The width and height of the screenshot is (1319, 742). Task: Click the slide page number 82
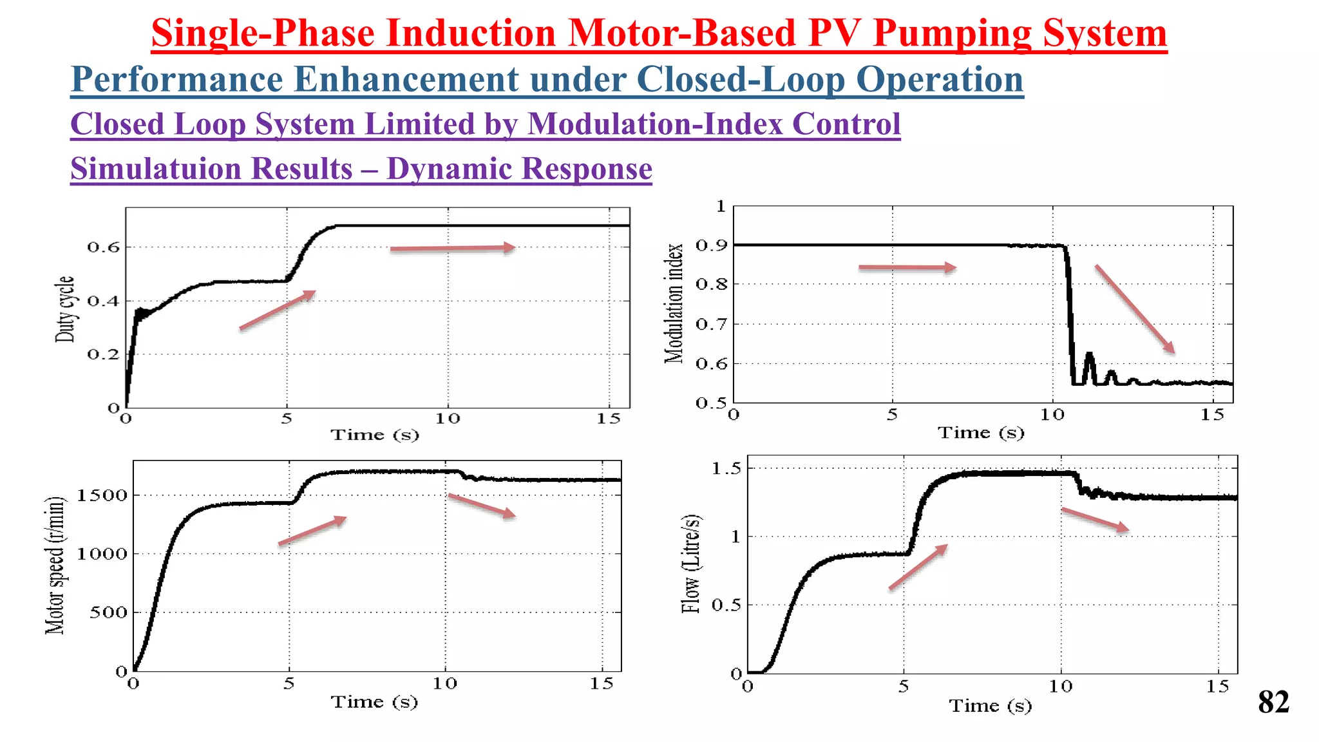[1273, 703]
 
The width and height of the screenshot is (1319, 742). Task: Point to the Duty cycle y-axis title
[65, 309]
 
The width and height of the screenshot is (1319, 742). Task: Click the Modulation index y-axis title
[674, 303]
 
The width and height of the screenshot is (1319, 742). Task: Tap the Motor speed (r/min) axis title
[56, 566]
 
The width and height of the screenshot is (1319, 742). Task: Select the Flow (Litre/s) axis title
[691, 564]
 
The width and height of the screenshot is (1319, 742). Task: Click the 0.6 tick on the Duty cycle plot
[103, 247]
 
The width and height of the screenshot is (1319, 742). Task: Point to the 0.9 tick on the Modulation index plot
[711, 245]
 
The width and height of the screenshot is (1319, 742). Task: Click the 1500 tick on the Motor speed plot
[101, 495]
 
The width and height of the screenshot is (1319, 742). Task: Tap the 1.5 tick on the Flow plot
[726, 469]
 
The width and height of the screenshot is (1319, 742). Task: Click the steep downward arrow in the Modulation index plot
[1134, 309]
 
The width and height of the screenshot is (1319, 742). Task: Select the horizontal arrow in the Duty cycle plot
[452, 248]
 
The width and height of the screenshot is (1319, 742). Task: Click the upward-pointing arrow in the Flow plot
[918, 567]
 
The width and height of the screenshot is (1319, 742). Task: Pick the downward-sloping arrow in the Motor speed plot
[482, 506]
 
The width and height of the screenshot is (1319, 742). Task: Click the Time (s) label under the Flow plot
[990, 706]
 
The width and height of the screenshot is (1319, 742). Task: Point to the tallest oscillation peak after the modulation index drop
[1089, 356]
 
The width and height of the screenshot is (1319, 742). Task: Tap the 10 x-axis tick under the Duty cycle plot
[447, 419]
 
